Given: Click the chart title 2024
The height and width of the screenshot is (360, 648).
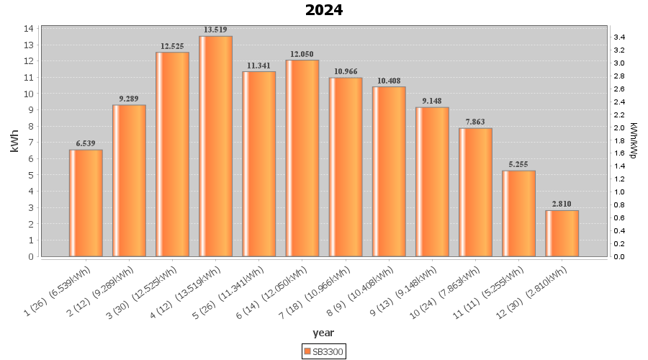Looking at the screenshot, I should [324, 10].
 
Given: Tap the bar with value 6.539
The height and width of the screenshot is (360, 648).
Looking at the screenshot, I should [86, 203].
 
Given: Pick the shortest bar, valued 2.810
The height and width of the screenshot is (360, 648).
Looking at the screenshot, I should [562, 233].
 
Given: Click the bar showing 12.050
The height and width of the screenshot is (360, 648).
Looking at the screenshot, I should [302, 158].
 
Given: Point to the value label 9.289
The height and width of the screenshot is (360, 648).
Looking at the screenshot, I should [129, 98].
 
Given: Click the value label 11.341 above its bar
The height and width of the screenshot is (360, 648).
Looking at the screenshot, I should [258, 65].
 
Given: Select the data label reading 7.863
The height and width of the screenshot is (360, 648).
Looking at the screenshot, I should [475, 122].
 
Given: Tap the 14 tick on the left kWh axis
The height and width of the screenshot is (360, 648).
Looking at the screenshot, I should [29, 29].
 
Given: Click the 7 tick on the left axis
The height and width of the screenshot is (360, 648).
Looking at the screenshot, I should [29, 143].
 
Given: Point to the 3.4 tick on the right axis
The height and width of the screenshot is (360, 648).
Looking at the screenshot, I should [618, 37].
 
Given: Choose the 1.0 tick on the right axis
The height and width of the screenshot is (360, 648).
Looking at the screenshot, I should [618, 192].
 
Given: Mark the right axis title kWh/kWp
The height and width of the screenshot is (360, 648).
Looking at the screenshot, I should [634, 140].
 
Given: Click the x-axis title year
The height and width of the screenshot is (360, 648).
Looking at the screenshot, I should [323, 333].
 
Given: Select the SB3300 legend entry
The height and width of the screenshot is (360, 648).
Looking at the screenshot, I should [324, 351].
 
